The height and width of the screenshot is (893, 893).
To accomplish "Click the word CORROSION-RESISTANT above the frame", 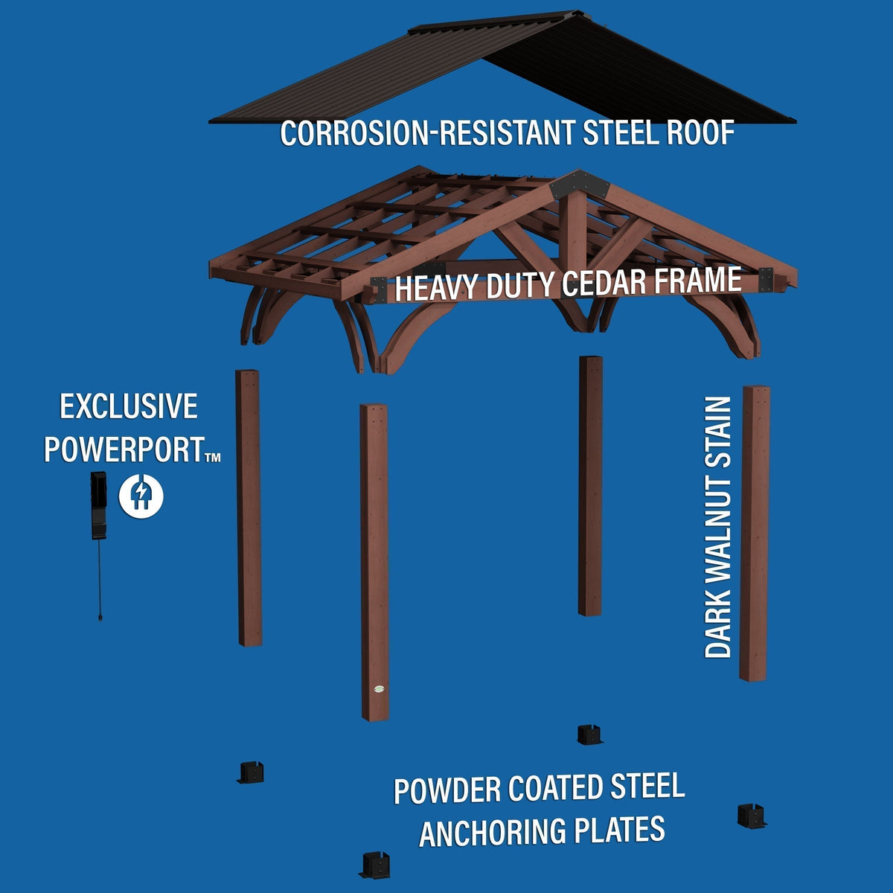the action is (x=427, y=133).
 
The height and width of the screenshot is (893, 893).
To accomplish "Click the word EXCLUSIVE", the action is (x=129, y=406).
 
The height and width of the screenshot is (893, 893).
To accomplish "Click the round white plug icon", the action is (x=141, y=496).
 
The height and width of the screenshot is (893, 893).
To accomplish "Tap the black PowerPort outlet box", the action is (x=99, y=505).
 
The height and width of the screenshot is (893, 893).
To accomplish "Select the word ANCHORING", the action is (x=492, y=831).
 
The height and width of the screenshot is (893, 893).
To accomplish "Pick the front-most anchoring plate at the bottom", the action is (x=375, y=865).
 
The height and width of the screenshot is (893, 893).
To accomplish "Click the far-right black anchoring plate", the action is (x=751, y=816).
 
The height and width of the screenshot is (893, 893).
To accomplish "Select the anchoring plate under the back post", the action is (x=589, y=735).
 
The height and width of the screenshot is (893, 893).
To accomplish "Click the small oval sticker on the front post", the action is (x=380, y=688).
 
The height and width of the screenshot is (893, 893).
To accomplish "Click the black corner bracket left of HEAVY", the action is (x=379, y=289).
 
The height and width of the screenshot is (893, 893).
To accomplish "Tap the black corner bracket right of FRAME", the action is (x=766, y=280).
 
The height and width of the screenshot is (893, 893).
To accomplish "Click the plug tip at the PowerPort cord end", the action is (x=100, y=616).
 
